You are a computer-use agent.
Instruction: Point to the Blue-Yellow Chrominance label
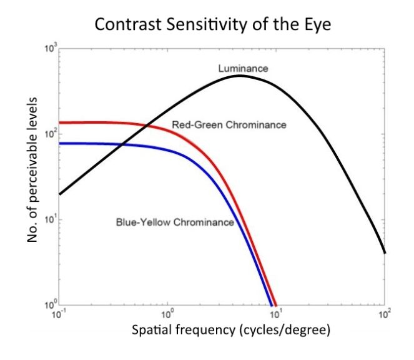pyautogui.click(x=175, y=222)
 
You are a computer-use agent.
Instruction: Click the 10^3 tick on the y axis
pyautogui.click(x=51, y=49)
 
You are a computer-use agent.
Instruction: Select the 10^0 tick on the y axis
pyautogui.click(x=51, y=305)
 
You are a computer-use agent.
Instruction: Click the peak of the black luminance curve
pyautogui.click(x=239, y=76)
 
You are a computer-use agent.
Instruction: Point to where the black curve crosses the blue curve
pyautogui.click(x=121, y=145)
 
